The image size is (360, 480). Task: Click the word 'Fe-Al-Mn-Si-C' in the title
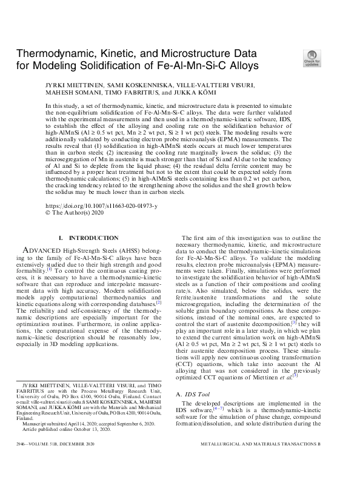coord(191,65)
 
